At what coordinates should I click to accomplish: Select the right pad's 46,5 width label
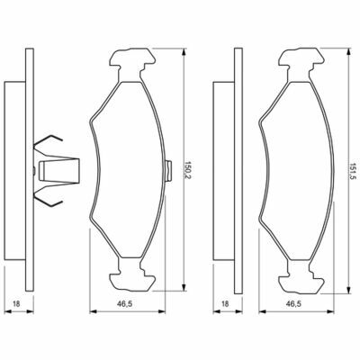[294, 304]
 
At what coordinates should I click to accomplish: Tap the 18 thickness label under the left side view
[16, 304]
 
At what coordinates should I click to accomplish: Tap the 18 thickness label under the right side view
[225, 304]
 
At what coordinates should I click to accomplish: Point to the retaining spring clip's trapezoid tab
[59, 170]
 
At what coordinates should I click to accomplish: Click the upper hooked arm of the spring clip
[48, 143]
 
